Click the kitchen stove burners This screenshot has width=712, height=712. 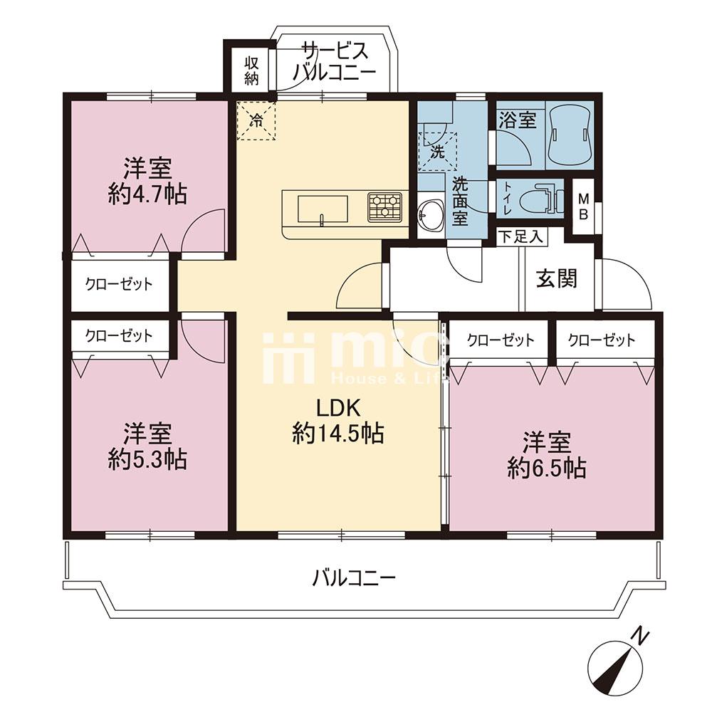pos(385,207)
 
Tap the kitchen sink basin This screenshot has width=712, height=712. pos(323,209)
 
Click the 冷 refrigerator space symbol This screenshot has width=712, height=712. pos(256,121)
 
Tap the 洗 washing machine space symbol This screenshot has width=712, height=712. pos(437,152)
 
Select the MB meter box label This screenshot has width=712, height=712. pos(583,206)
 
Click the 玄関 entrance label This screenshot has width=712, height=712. pos(557,278)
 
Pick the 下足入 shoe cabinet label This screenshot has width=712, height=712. pos(520,236)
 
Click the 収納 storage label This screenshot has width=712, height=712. pos(251,70)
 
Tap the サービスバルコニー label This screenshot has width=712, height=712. pos(335,62)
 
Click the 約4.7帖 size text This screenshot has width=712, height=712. pos(147,195)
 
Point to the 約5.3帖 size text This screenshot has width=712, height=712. pos(147,460)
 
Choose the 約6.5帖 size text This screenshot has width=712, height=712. pos(547,468)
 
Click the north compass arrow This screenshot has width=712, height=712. pos(615,668)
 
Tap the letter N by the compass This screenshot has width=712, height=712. pos(641,635)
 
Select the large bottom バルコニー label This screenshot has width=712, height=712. pos(355,578)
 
